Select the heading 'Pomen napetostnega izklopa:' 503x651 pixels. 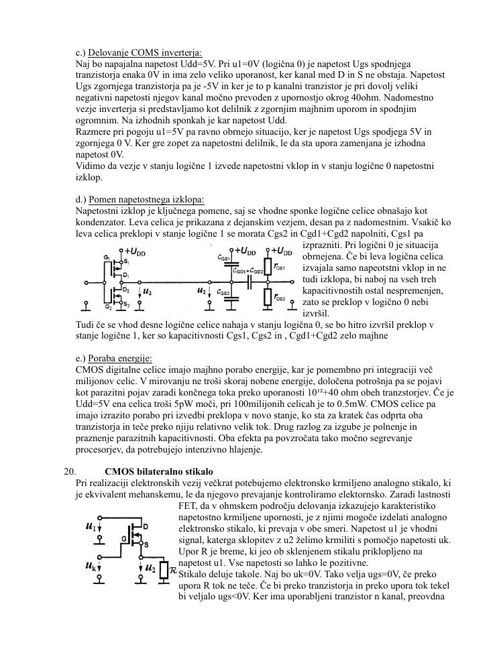click(x=146, y=200)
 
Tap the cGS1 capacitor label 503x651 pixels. click(x=224, y=257)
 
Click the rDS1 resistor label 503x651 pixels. click(x=280, y=268)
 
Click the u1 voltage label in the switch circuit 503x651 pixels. click(x=90, y=526)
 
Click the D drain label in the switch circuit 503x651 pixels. click(x=146, y=526)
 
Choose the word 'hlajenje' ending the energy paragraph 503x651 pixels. click(x=244, y=449)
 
